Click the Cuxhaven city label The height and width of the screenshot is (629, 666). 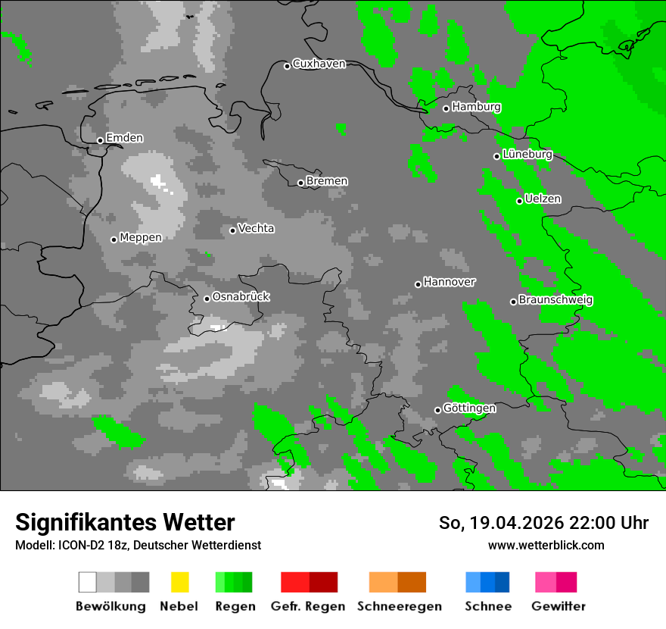point(319,64)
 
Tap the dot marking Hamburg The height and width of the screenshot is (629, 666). point(446,108)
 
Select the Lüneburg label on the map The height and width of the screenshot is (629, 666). point(528,155)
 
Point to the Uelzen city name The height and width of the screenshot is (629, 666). point(543,199)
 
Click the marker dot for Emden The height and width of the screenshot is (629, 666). point(100,140)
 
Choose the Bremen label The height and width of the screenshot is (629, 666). point(327,181)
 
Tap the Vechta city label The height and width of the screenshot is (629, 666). point(256,229)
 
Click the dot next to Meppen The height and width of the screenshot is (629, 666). point(114,239)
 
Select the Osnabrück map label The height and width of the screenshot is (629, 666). point(241,297)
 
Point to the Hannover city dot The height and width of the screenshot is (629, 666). point(418,284)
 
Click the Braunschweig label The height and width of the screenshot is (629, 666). point(556,300)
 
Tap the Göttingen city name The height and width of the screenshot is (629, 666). point(469,408)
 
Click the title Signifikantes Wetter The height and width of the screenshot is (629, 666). point(125,523)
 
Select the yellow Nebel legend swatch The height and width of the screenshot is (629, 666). point(179,582)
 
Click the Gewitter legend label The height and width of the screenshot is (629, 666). point(559,606)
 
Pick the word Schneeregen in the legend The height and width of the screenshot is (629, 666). point(400,606)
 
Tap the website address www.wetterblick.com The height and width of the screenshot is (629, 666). point(546,545)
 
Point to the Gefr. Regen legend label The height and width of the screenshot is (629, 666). point(307,606)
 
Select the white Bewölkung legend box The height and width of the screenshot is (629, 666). point(88,582)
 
